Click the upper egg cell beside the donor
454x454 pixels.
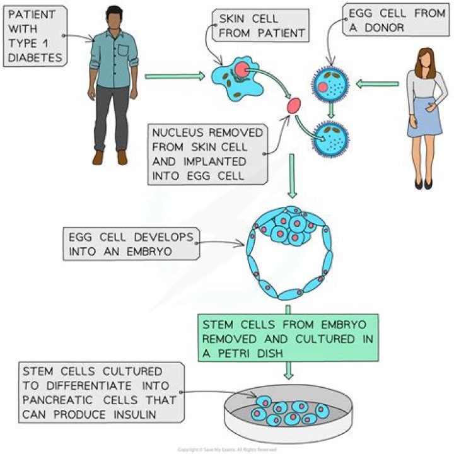point(330,84)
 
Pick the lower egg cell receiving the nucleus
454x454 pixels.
point(330,137)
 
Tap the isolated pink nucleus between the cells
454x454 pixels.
point(294,107)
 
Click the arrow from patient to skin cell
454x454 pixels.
point(174,77)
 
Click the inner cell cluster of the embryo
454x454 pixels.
point(291,228)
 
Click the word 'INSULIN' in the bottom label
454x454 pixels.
point(139,412)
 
